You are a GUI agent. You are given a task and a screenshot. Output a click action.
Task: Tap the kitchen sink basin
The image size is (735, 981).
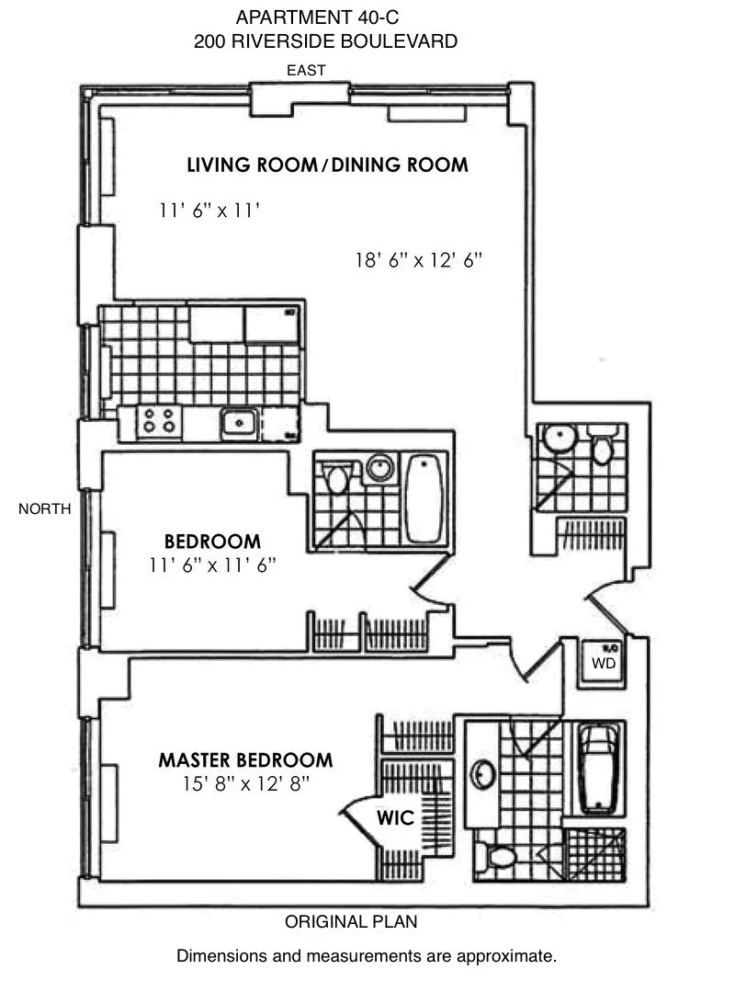pos(238,423)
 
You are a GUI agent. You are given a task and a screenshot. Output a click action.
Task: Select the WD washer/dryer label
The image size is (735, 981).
pos(602,662)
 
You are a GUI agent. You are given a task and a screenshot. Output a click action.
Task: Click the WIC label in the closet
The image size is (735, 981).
pos(394,817)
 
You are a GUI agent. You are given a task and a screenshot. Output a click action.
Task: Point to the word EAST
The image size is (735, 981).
pos(306,71)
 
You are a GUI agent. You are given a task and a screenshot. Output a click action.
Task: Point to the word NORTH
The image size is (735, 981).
pos(44,508)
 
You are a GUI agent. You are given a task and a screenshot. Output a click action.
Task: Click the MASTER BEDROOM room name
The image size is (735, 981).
pos(245,760)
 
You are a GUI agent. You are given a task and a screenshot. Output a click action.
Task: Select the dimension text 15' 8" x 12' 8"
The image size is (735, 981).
pos(245,784)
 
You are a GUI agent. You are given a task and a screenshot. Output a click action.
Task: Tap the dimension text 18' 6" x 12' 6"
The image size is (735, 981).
pos(419,260)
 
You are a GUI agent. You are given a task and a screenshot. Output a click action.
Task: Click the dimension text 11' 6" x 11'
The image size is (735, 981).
pos(210,211)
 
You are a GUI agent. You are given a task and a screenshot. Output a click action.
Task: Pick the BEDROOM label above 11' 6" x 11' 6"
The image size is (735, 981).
pos(212,542)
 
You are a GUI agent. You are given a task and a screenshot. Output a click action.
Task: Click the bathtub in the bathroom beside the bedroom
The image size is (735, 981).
pos(424,498)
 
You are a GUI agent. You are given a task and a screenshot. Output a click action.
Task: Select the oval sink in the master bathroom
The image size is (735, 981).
pos(481,774)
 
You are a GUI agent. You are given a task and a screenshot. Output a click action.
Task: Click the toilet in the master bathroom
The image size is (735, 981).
pos(499,857)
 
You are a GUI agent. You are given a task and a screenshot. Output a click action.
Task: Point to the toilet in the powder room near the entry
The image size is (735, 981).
pos(602,448)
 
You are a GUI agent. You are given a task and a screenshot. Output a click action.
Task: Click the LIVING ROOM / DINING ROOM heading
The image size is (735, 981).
pos(328,165)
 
